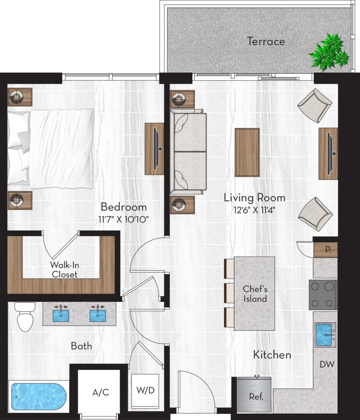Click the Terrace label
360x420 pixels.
pos(265,41)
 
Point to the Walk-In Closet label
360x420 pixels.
pos(64,270)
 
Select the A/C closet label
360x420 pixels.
pos(100,392)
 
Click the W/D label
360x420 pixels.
pos(145,390)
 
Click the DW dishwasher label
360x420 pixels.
pos(327,364)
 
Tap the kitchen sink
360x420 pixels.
pos(325,335)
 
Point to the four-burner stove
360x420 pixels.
pos(323,295)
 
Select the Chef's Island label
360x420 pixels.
pos(255,294)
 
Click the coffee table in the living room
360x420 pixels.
pos(247,152)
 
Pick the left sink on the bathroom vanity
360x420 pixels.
pos(61,314)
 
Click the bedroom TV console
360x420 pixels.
pos(155,149)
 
